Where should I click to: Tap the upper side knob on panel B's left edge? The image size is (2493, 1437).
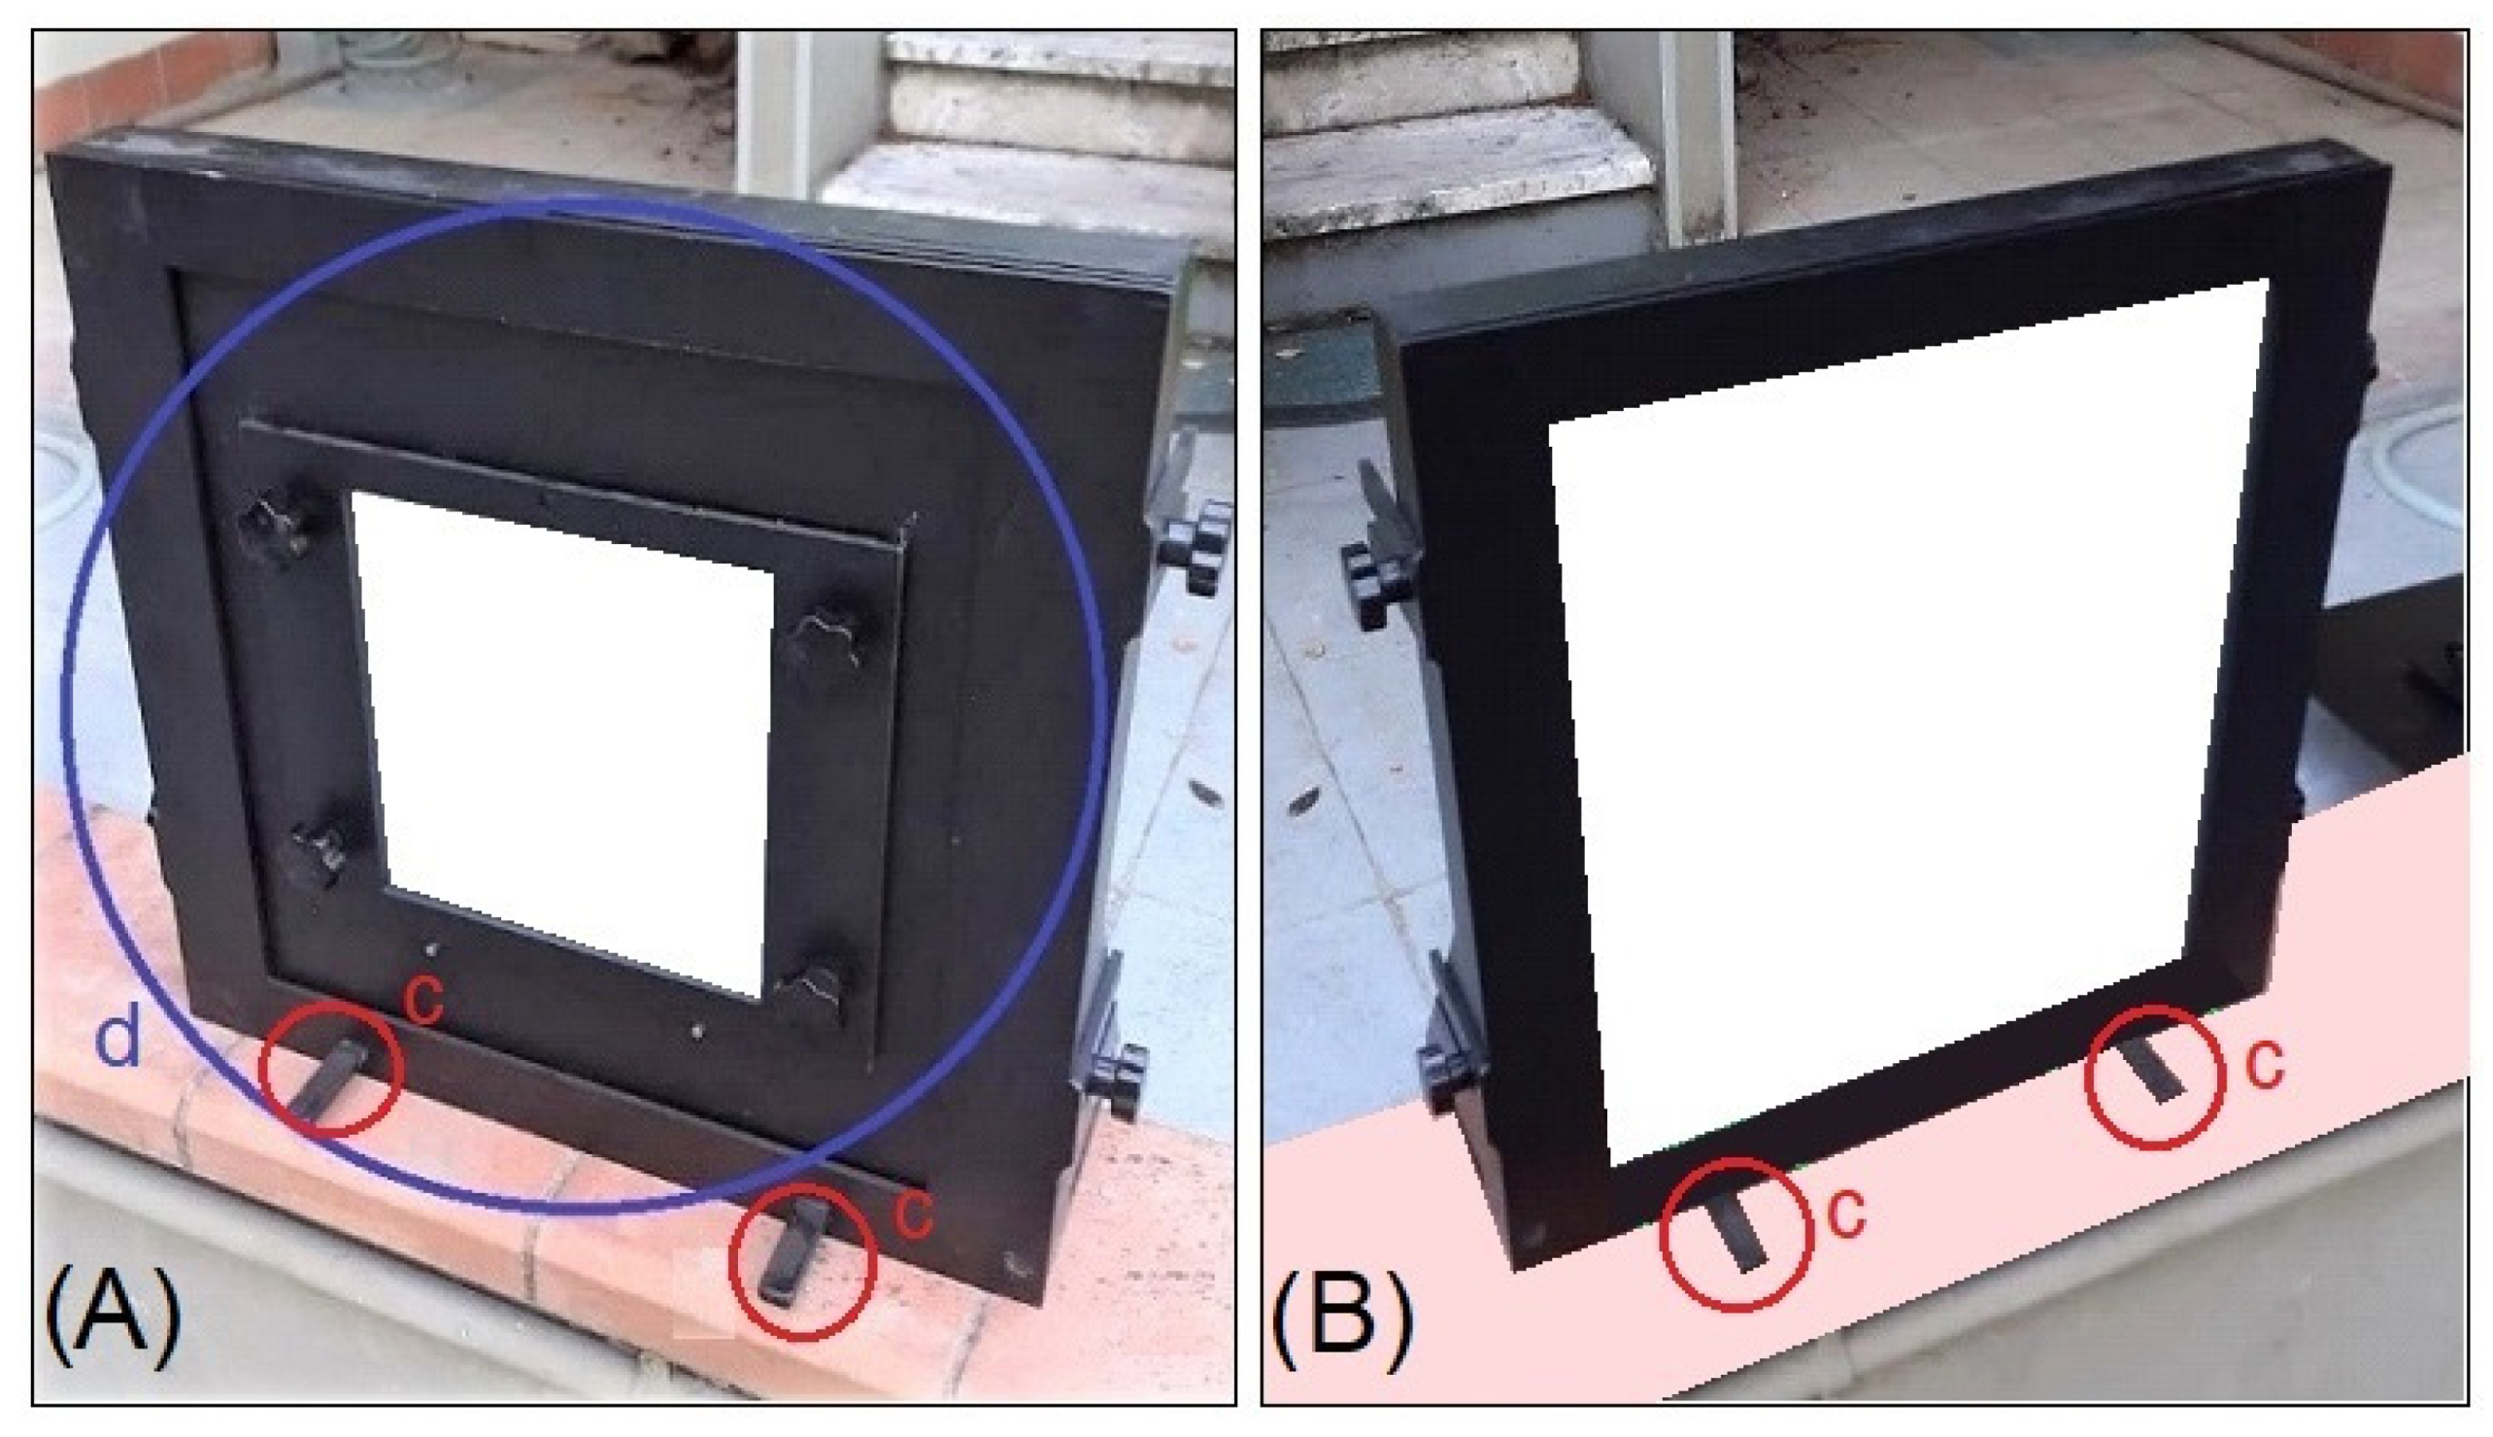pos(1374,582)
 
